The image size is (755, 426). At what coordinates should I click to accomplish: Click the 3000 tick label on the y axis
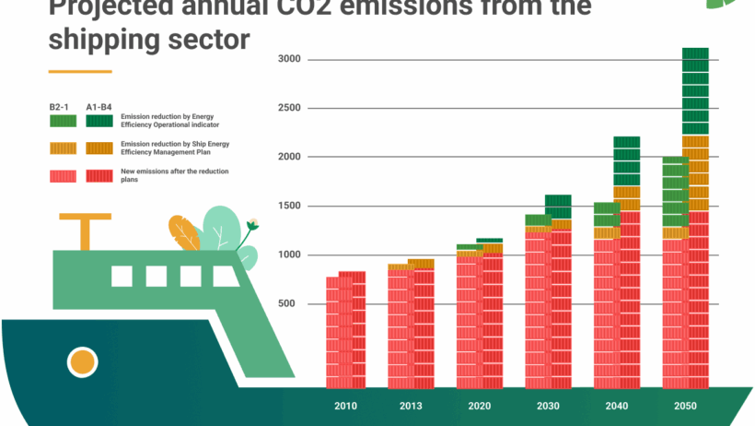pyautogui.click(x=290, y=59)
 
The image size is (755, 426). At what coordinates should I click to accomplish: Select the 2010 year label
pyautogui.click(x=346, y=407)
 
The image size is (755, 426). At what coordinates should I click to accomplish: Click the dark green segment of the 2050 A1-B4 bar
pyautogui.click(x=695, y=91)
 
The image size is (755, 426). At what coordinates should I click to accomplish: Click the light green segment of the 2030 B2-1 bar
pyautogui.click(x=538, y=219)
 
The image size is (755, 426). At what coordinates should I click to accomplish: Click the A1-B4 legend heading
pyautogui.click(x=99, y=107)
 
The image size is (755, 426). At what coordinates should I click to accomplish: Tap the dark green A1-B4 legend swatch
pyautogui.click(x=99, y=120)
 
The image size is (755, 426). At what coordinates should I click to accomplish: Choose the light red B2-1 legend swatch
pyautogui.click(x=63, y=175)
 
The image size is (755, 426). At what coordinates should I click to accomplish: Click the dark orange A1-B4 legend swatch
pyautogui.click(x=99, y=148)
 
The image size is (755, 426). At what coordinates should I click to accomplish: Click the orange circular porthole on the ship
pyautogui.click(x=83, y=361)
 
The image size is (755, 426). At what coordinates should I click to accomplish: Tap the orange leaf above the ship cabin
pyautogui.click(x=184, y=232)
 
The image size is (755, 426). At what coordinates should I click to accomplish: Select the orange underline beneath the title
pyautogui.click(x=80, y=71)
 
